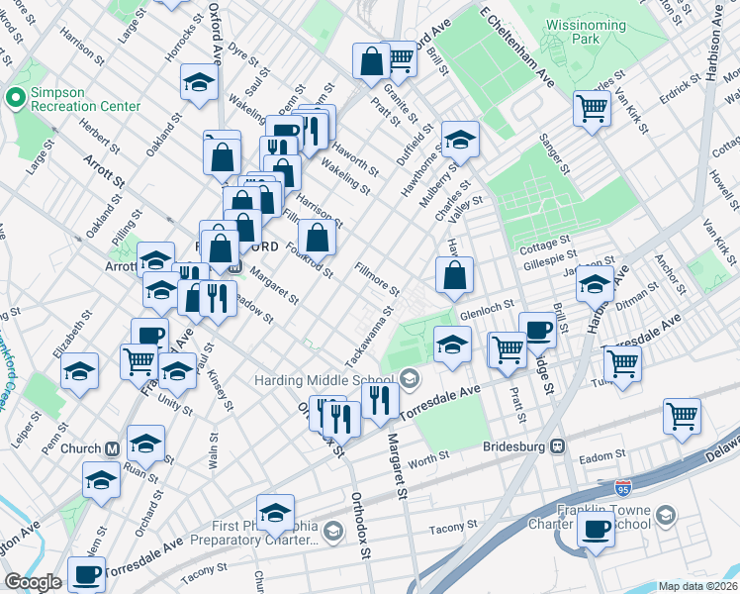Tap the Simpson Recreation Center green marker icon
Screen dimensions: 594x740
(15, 97)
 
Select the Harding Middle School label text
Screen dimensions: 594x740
(324, 378)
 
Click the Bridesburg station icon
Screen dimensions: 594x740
(557, 446)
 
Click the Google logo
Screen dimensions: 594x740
(33, 582)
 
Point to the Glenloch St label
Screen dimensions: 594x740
(495, 306)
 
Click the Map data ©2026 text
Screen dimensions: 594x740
(697, 586)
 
